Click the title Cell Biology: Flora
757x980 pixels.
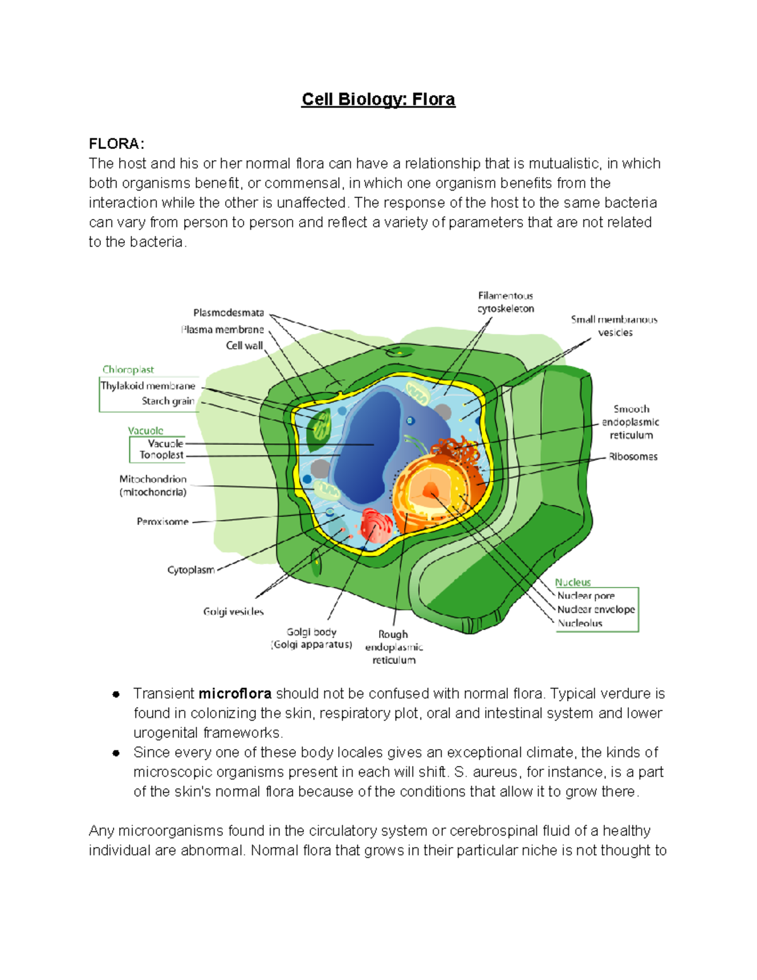[x=378, y=100]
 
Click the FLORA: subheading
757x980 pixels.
[x=117, y=144]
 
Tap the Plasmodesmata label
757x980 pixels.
[x=228, y=313]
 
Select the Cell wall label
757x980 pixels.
[x=244, y=346]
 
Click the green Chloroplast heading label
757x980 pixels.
[x=128, y=370]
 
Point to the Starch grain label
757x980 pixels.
[x=168, y=401]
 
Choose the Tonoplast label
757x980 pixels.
[x=161, y=455]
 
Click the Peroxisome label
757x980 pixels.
[x=163, y=522]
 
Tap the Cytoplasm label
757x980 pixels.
[x=191, y=570]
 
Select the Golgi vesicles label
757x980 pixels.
[x=233, y=611]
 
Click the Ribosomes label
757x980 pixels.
[x=633, y=457]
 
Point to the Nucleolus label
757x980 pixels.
[x=580, y=623]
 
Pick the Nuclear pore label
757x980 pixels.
[x=585, y=596]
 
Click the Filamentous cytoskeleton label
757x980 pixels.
[x=505, y=302]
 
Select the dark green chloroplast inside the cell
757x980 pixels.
[x=319, y=427]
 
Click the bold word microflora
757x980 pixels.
[x=235, y=694]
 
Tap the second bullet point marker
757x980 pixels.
[x=116, y=753]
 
